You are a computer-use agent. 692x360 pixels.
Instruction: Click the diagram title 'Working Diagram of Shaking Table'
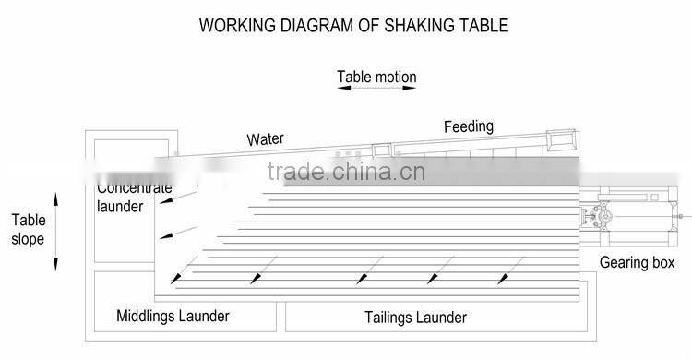(353, 26)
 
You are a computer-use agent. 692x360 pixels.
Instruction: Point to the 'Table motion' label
(376, 77)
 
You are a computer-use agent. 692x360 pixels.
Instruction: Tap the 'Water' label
(265, 140)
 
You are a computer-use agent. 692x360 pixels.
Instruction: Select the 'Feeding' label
(468, 126)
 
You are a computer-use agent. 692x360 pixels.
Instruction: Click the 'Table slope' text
(28, 230)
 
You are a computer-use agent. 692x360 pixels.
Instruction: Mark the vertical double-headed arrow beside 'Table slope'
(55, 231)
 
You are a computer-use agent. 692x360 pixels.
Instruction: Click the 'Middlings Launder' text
(173, 317)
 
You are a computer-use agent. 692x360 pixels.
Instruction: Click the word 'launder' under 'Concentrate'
(121, 207)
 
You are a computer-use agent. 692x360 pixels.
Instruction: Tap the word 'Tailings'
(386, 318)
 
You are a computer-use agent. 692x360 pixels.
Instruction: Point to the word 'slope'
(28, 240)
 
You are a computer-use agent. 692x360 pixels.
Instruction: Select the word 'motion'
(397, 77)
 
